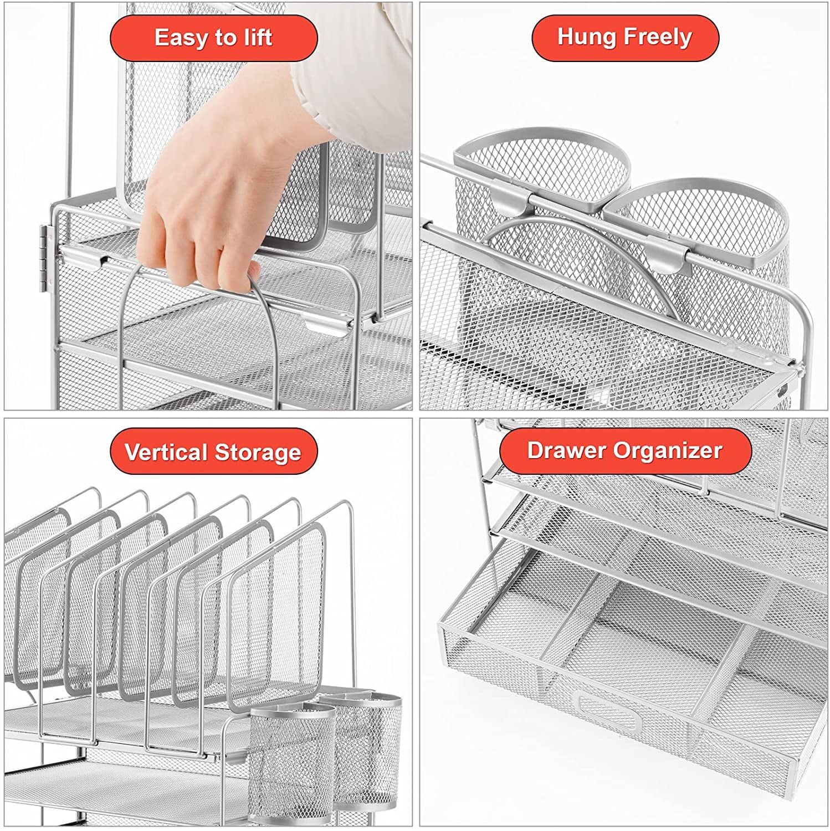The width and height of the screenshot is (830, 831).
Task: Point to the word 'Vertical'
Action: click(166, 452)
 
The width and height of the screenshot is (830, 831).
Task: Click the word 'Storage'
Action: click(258, 452)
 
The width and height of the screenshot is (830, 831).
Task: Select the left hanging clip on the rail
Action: click(513, 202)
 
